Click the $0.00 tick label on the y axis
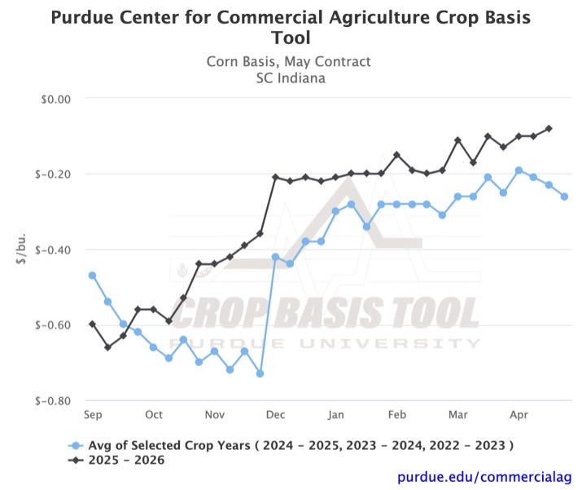pyautogui.click(x=55, y=99)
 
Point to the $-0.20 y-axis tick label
pyautogui.click(x=54, y=174)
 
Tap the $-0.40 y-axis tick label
pyautogui.click(x=54, y=249)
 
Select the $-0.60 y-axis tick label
pyautogui.click(x=54, y=325)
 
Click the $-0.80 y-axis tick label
pyautogui.click(x=54, y=400)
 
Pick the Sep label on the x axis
pyautogui.click(x=94, y=414)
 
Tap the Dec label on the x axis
pyautogui.click(x=276, y=414)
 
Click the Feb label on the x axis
pyautogui.click(x=397, y=414)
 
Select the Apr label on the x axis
pyautogui.click(x=519, y=414)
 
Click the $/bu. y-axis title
pyautogui.click(x=22, y=249)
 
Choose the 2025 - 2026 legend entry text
pyautogui.click(x=132, y=460)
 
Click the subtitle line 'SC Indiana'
pyautogui.click(x=291, y=77)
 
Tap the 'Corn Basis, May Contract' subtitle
pyautogui.click(x=291, y=62)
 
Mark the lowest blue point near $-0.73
pyautogui.click(x=260, y=373)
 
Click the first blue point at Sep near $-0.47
pyautogui.click(x=92, y=276)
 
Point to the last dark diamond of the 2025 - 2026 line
pyautogui.click(x=549, y=129)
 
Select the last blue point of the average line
pyautogui.click(x=564, y=196)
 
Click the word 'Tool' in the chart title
pyautogui.click(x=291, y=38)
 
